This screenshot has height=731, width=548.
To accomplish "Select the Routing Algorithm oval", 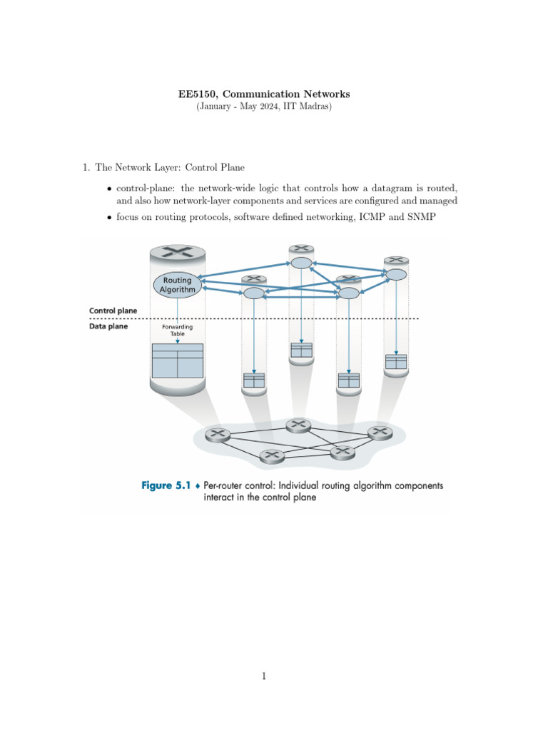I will [x=177, y=285].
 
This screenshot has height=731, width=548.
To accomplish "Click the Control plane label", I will [x=113, y=311].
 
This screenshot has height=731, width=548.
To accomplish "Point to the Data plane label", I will [x=108, y=327].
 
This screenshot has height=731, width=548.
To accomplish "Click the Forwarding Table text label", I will [x=177, y=330].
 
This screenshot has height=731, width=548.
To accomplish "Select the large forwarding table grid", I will [x=178, y=361].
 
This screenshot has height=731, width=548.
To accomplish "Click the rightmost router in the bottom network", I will [x=380, y=432].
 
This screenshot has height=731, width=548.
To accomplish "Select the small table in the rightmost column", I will [x=395, y=361].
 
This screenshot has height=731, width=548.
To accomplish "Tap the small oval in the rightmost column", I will [x=396, y=275].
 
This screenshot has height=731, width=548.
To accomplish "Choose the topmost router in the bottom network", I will [x=298, y=425].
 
